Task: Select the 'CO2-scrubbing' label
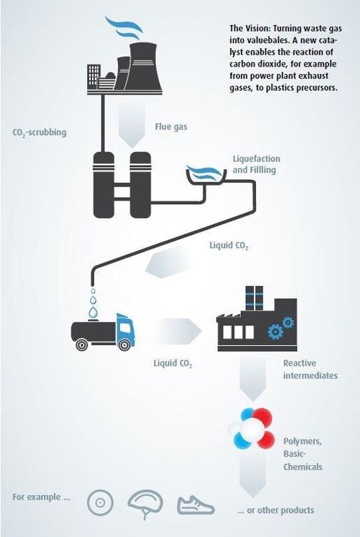39,133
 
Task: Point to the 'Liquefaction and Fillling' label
256,165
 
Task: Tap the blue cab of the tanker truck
125,329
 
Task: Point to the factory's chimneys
254,296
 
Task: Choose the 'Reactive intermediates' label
310,369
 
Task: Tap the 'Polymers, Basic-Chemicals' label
303,454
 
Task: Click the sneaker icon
195,504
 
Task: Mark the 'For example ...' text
42,497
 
